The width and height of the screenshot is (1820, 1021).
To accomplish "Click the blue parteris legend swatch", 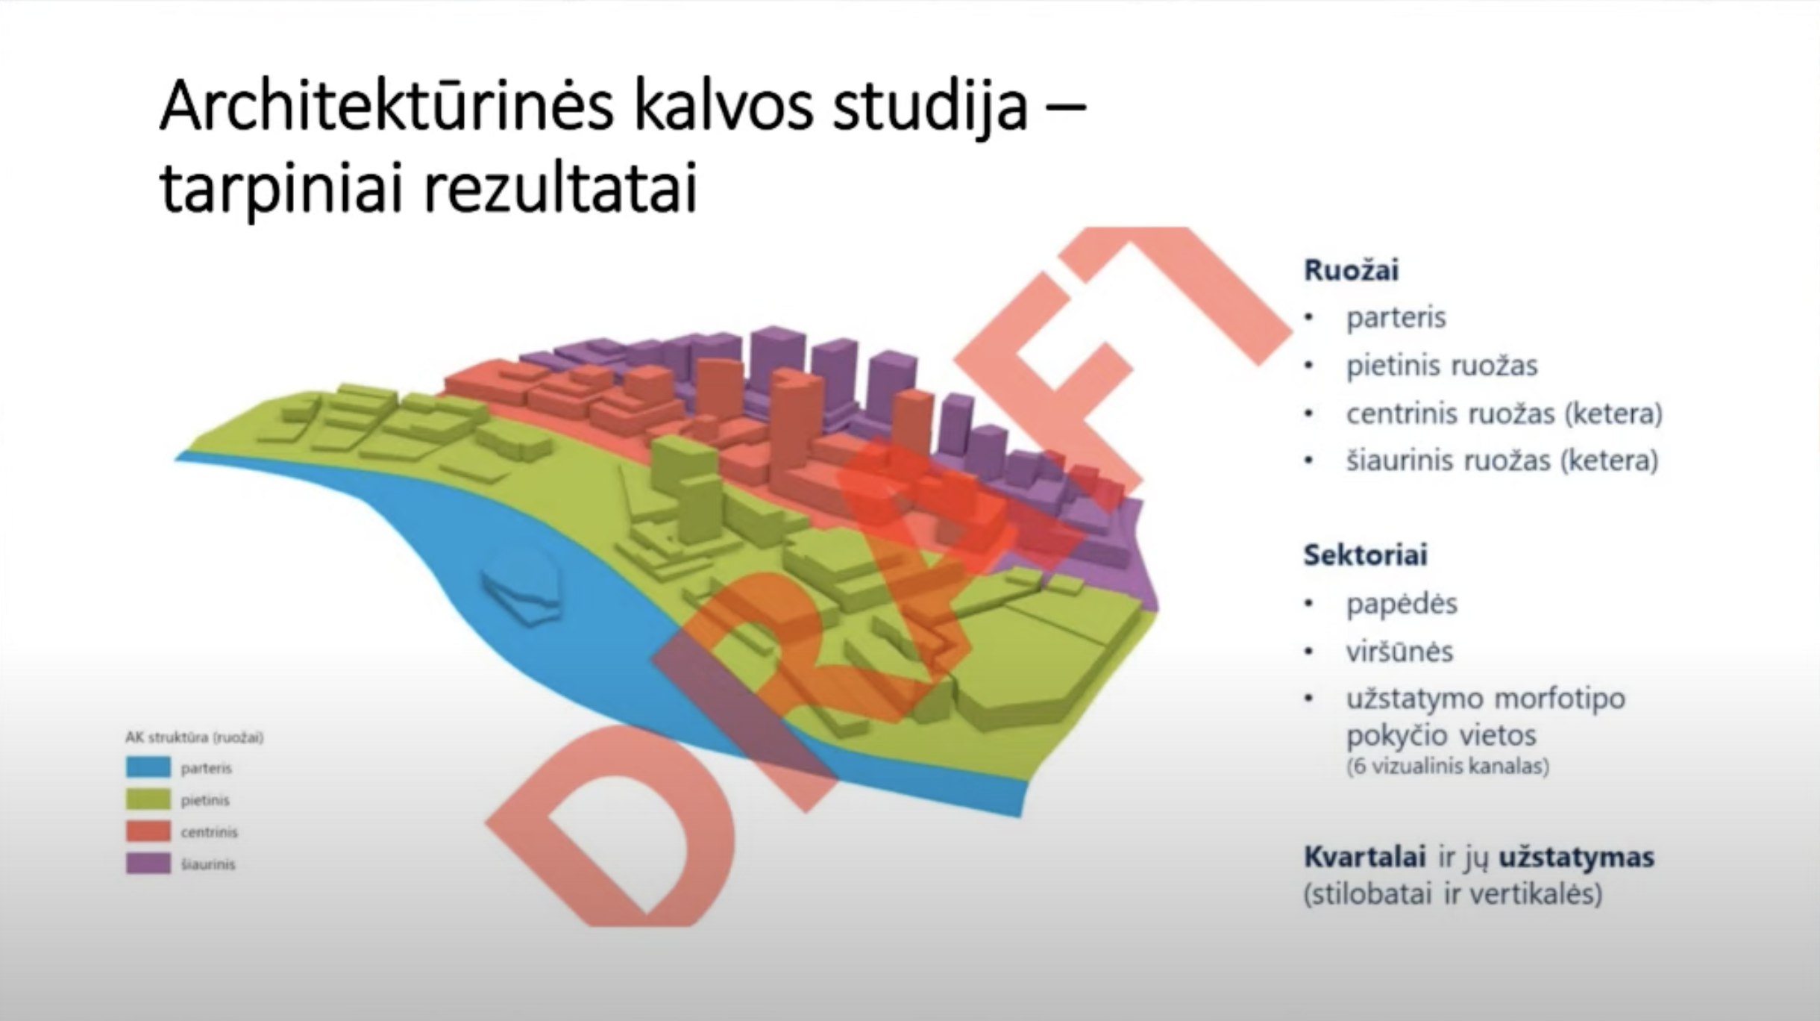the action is [x=148, y=767].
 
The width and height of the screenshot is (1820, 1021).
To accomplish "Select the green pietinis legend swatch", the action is [x=148, y=799].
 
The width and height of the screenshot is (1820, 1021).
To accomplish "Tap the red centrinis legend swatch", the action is [x=148, y=831].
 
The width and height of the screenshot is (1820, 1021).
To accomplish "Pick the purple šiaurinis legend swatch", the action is [x=148, y=864].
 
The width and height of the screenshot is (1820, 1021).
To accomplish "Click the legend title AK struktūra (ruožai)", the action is [x=194, y=737].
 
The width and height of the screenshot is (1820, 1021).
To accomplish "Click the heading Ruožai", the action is [x=1351, y=270].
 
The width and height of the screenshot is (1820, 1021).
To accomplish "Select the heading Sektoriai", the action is [x=1365, y=555].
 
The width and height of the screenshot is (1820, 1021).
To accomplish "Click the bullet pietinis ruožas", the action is [x=1441, y=366].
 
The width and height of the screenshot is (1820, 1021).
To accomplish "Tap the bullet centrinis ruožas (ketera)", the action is [x=1504, y=413].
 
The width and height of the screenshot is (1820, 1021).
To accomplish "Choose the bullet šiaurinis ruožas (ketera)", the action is [x=1501, y=461].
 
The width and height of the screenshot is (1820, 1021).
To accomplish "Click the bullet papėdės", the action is [x=1401, y=604].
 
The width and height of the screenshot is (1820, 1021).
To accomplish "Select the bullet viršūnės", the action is [x=1399, y=652].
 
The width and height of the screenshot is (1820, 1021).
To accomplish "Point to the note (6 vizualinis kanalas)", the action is [x=1447, y=766].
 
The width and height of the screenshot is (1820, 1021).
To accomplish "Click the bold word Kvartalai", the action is [x=1364, y=857].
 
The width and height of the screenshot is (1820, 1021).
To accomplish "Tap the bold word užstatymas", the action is [x=1576, y=858].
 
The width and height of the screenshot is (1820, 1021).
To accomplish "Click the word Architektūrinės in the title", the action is [x=387, y=107].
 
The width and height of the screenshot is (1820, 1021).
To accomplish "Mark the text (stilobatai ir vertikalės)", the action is [x=1452, y=894].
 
